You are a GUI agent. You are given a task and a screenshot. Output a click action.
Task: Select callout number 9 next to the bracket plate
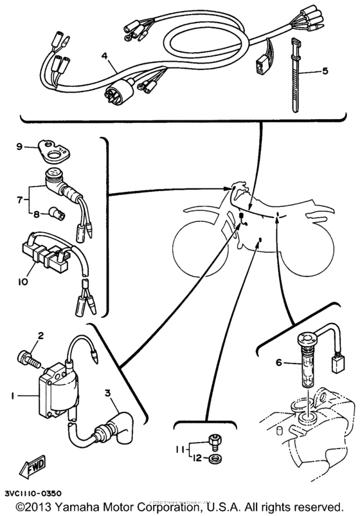(19, 145)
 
